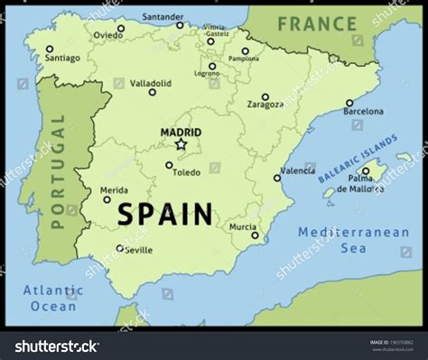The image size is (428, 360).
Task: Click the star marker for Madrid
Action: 181,143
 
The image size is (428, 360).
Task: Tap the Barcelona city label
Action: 361,114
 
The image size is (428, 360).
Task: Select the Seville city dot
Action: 120,248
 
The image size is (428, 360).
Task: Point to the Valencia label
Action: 298,170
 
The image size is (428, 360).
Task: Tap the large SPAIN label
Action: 165,215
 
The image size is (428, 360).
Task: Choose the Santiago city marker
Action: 50,50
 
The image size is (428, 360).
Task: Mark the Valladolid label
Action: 151,82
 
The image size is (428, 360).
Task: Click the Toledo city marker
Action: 169,165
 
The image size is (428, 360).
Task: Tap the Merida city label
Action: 113,189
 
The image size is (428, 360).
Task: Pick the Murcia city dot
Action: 255,235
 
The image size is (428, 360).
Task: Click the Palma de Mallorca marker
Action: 366,171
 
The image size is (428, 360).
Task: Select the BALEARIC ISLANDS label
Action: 358,159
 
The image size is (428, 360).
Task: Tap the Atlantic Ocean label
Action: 52,299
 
